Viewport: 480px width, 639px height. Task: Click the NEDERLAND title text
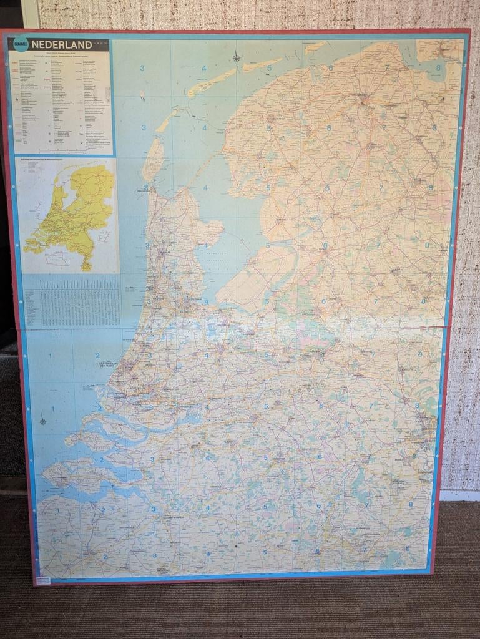click(x=61, y=45)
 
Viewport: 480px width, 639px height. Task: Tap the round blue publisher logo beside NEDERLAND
click(x=21, y=44)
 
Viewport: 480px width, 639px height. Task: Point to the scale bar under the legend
click(x=62, y=150)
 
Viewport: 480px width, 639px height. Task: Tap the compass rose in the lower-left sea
click(x=42, y=420)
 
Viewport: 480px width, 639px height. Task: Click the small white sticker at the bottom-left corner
click(x=43, y=580)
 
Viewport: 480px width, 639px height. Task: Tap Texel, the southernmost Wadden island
click(x=152, y=160)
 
